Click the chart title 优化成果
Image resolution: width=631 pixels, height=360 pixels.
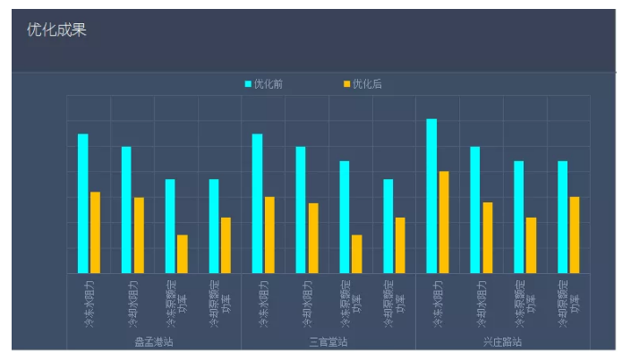tap(56, 30)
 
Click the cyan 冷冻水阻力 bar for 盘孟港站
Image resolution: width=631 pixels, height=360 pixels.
tap(83, 203)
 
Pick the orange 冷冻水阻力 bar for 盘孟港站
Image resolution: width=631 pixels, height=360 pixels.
tap(95, 232)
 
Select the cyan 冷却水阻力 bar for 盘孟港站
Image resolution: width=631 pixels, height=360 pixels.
tap(126, 210)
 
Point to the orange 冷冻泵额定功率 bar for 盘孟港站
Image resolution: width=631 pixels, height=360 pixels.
tap(183, 253)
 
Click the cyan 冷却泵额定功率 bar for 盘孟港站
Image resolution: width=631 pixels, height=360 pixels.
tap(214, 226)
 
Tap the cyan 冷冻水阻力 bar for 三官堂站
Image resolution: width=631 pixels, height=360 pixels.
tap(257, 203)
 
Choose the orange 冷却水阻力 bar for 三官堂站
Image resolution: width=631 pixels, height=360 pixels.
tap(313, 237)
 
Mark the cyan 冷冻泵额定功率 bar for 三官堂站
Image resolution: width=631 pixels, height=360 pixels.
tap(345, 217)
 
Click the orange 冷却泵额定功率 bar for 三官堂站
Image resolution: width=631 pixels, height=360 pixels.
tap(400, 244)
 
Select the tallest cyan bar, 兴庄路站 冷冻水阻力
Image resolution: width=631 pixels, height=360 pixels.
tap(431, 195)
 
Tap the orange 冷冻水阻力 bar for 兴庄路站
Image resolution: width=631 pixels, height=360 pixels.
tap(444, 222)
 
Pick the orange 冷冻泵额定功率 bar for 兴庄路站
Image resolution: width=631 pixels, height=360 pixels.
tap(531, 244)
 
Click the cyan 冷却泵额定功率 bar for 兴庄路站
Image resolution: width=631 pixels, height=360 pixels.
tap(562, 217)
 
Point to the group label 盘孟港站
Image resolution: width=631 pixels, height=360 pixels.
tap(153, 341)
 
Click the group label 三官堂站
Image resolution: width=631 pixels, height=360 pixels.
tap(328, 341)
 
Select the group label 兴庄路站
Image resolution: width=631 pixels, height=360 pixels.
tap(502, 341)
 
